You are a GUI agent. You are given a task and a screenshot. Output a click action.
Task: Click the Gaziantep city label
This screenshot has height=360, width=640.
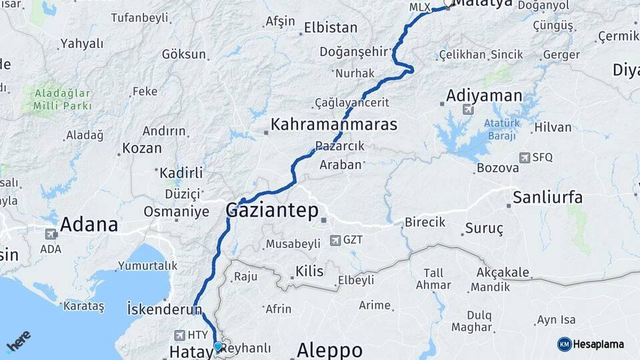[273, 210]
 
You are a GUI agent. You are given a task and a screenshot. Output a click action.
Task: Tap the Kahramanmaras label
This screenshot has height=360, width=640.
[333, 125]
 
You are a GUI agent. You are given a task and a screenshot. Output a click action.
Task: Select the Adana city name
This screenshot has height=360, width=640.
[89, 225]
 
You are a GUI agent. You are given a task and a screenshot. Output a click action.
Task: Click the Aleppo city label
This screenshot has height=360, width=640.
[329, 349]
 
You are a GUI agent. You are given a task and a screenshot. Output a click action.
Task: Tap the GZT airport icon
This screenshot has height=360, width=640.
[333, 239]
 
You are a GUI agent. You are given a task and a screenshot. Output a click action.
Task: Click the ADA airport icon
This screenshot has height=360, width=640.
[51, 234]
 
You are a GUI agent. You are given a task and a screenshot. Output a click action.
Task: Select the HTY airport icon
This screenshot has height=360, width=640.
[180, 335]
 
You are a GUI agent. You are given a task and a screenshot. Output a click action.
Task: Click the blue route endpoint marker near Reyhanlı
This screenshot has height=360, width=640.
[217, 346]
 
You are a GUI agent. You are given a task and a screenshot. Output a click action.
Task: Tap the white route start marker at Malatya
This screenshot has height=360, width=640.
[449, 3]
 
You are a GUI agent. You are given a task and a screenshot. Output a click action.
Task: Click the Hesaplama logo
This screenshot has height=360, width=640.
[591, 344]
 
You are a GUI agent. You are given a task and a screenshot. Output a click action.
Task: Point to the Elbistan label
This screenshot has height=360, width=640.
[330, 28]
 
